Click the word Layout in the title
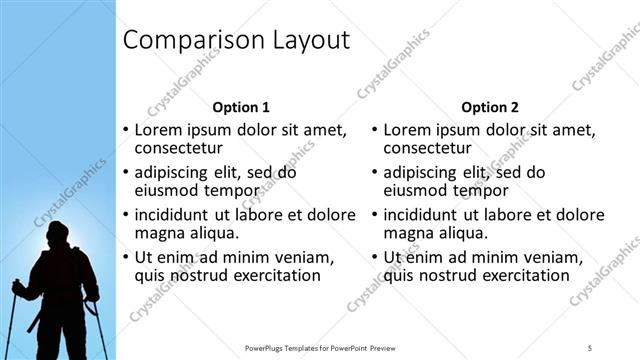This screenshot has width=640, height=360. tap(304, 41)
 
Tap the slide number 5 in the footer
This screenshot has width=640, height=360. tap(591, 347)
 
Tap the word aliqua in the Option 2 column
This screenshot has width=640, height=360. tap(462, 233)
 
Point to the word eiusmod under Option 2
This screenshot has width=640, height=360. tap(417, 190)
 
